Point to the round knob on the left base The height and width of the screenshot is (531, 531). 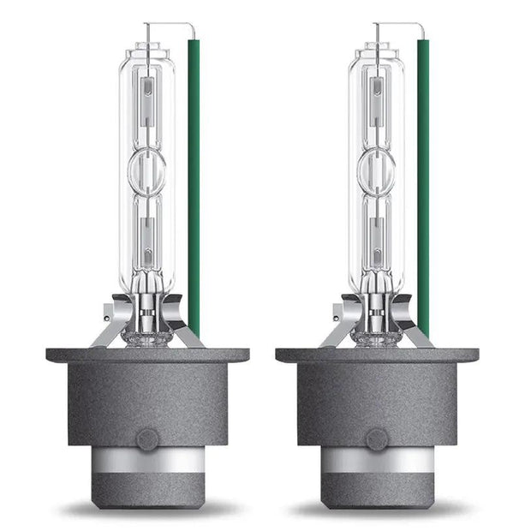[x=147, y=440]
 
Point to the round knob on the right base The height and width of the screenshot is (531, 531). [x=377, y=440]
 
